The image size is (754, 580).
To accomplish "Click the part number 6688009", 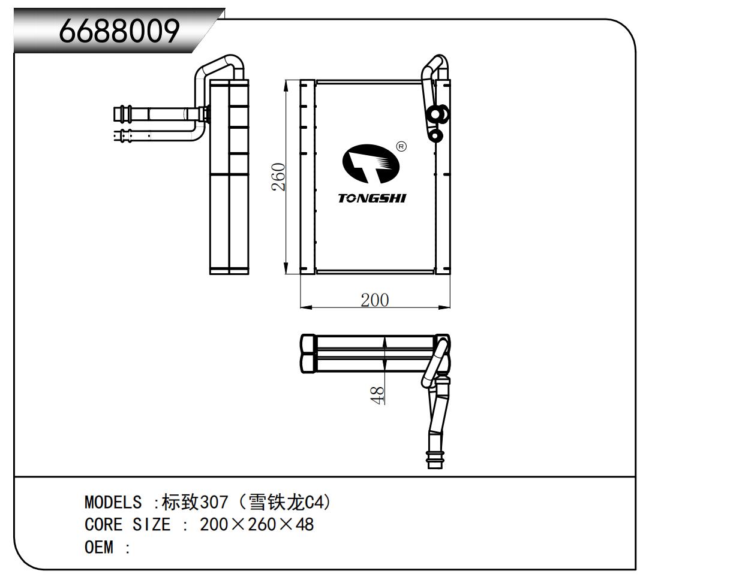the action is tap(119, 31).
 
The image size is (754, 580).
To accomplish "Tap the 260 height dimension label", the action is tap(278, 177).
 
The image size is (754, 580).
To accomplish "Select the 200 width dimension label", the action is tap(375, 300).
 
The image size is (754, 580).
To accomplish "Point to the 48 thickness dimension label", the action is tap(377, 395).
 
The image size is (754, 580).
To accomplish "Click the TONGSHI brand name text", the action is tap(372, 198).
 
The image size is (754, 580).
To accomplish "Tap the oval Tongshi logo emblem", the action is tap(371, 164).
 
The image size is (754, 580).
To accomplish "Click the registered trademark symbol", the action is tap(401, 147).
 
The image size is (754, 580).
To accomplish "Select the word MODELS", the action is tap(113, 502).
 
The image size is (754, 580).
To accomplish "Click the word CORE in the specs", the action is tap(103, 524).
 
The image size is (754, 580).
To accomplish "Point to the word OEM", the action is tap(99, 548).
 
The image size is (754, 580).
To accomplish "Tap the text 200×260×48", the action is tap(257, 524).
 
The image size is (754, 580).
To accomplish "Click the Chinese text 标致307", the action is tap(195, 502).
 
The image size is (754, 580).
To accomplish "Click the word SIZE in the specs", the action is tap(151, 524).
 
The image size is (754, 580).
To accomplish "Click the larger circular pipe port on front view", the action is tap(437, 114).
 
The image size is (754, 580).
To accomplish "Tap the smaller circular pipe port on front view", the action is tap(435, 135).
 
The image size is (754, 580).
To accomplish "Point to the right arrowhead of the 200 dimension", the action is tap(444, 307).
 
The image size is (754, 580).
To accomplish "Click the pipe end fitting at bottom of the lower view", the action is tap(435, 459).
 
